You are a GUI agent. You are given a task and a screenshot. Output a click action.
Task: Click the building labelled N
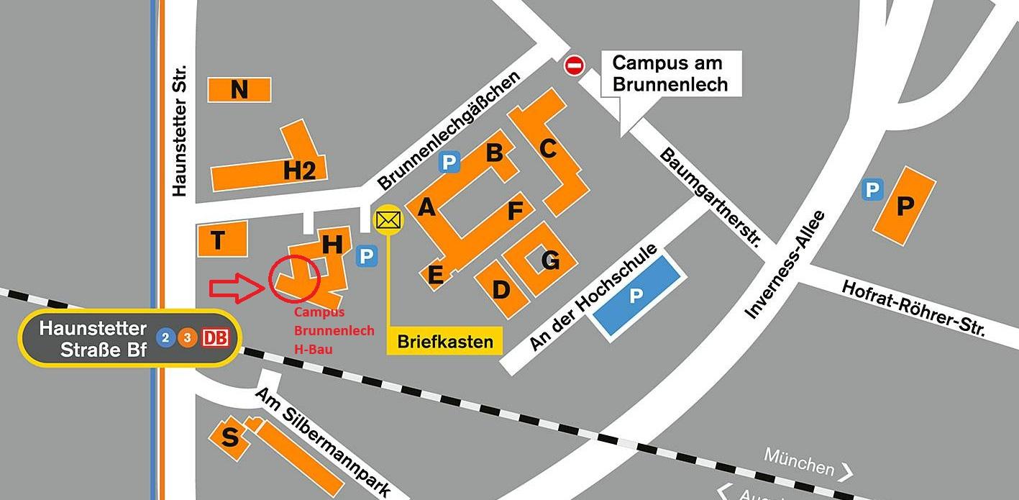pos(239,90)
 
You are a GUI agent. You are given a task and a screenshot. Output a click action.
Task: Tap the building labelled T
pos(221,240)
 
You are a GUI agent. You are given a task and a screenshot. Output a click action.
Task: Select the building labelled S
pos(229,437)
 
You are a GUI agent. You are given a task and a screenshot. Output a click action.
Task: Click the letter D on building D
pos(501,289)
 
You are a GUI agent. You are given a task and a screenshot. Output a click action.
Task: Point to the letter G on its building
pos(550,260)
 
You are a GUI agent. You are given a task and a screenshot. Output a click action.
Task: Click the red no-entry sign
pos(574,66)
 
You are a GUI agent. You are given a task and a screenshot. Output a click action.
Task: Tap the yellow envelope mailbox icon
pos(388,219)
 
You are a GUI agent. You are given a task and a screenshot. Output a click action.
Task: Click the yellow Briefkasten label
pos(444,341)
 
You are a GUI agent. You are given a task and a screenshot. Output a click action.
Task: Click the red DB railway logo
pos(216,337)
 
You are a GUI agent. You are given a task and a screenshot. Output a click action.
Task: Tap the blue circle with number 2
pos(166,337)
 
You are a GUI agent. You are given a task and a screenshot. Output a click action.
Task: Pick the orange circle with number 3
pos(187,337)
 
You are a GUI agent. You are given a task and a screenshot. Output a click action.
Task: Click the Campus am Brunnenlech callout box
pos(668,73)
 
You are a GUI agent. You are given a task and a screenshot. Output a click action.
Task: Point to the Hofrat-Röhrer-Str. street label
pos(913,308)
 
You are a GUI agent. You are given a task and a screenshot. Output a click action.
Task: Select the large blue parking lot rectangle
pos(636,294)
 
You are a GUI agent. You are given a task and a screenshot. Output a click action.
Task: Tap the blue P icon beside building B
pos(449,163)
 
